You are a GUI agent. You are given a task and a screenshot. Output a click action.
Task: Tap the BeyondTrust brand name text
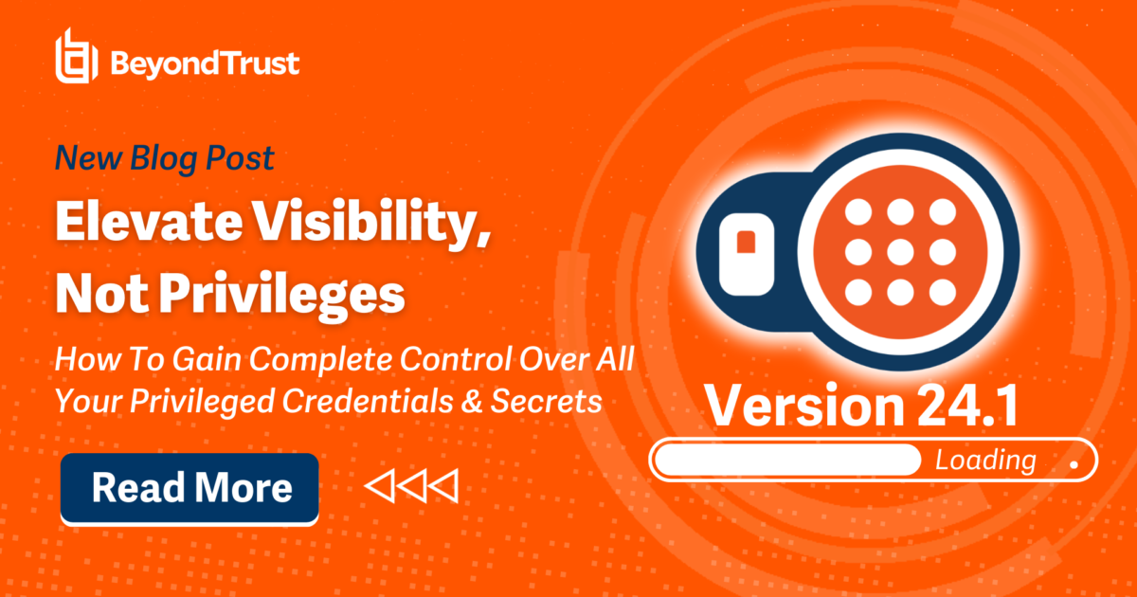205,63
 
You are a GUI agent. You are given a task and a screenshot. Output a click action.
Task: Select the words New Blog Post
163,158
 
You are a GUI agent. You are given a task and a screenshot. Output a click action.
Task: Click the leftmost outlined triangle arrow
380,487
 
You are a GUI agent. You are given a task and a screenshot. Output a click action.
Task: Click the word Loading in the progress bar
985,461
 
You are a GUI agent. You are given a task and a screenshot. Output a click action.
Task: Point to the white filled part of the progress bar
786,461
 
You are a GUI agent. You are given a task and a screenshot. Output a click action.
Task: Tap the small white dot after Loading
1073,465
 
